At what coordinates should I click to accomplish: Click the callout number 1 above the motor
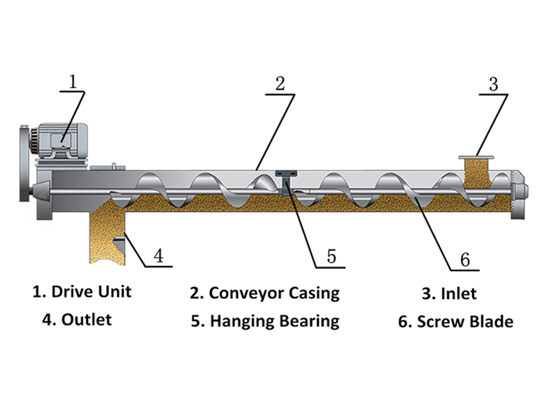click(x=72, y=81)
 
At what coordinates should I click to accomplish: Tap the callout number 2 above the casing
click(x=280, y=84)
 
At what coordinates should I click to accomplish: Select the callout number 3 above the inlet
click(x=493, y=84)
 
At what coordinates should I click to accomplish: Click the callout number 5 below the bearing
click(x=331, y=256)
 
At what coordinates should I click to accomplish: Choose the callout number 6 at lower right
click(x=465, y=260)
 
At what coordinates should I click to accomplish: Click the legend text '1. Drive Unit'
click(x=82, y=291)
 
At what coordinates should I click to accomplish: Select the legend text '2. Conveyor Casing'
click(x=264, y=293)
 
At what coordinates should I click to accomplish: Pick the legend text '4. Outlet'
click(x=77, y=320)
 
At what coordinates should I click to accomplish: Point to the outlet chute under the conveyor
click(x=107, y=234)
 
